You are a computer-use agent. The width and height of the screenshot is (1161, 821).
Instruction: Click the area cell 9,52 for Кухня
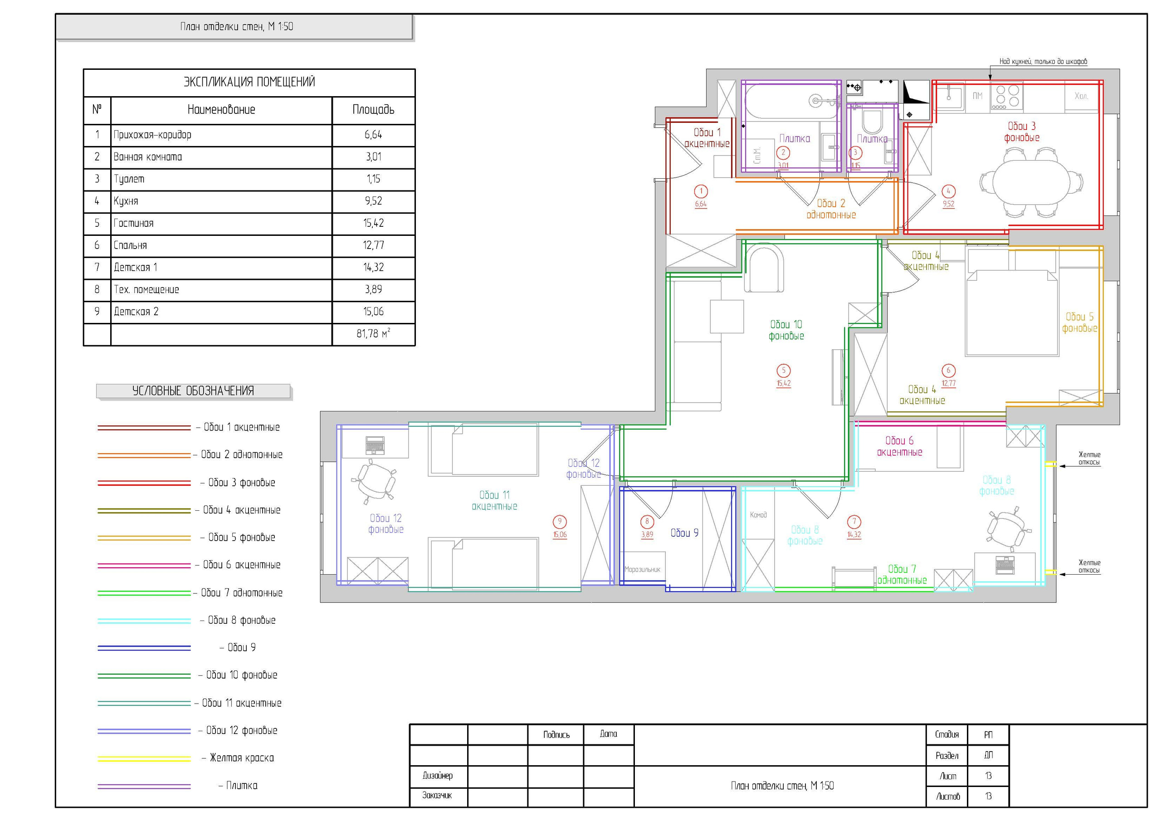tap(373, 201)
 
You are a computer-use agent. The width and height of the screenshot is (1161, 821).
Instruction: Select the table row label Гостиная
tap(133, 224)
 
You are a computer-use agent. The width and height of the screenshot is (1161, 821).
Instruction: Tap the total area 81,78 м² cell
tap(373, 334)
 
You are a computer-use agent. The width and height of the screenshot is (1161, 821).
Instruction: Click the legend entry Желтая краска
tap(242, 758)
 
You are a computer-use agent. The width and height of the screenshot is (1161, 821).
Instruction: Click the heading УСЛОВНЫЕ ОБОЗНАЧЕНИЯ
tap(193, 391)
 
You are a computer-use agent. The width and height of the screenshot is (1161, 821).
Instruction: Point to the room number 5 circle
tap(784, 370)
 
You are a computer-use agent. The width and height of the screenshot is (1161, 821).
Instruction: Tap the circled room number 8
tap(647, 522)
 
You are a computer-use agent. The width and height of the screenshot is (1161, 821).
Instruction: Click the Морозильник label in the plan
tap(642, 570)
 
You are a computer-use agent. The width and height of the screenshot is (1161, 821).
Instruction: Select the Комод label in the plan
tap(758, 515)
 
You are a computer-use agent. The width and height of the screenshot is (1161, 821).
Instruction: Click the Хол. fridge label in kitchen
tap(1081, 96)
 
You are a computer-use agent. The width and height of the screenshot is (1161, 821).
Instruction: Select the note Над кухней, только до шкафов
tap(1043, 62)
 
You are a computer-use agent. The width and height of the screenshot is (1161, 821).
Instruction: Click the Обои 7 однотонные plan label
tap(902, 575)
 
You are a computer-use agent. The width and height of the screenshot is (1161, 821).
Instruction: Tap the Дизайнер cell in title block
tap(438, 776)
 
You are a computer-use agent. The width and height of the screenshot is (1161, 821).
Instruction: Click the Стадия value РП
tap(988, 735)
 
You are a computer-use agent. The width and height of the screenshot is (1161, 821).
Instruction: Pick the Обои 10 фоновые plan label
tap(786, 330)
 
